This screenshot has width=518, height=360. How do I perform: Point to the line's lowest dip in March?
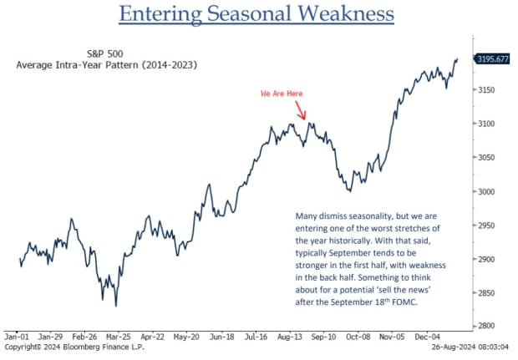pyautogui.click(x=116, y=306)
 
